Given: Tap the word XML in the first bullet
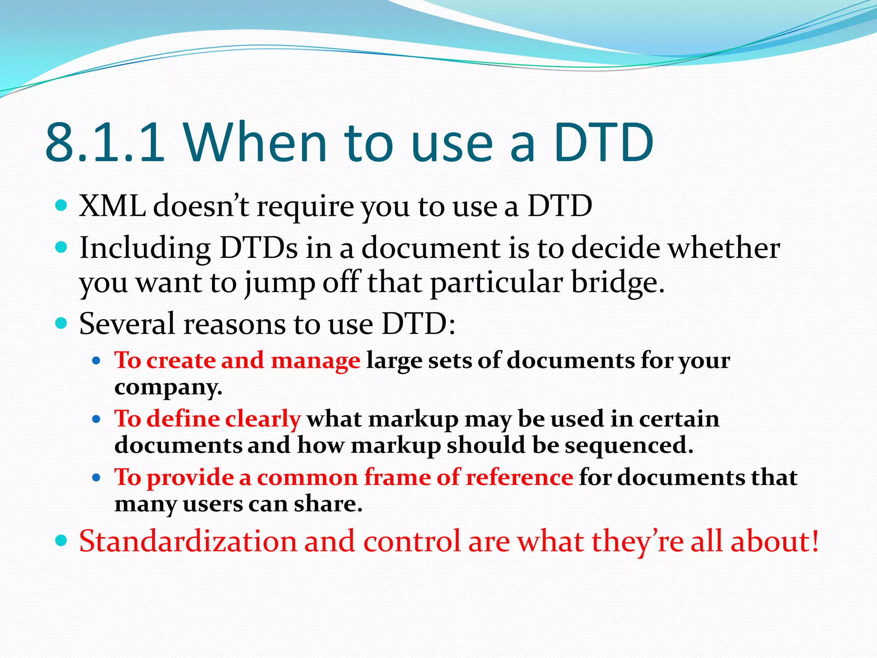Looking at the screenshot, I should (112, 206).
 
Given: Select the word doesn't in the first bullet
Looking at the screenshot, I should (201, 206).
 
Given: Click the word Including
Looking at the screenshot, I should (145, 248).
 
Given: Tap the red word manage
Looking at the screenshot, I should (316, 361).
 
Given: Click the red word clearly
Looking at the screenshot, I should (263, 419).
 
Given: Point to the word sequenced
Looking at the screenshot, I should (629, 446).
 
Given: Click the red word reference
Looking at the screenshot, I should (519, 477).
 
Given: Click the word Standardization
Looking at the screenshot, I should (188, 541).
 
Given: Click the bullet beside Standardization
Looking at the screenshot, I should (62, 541).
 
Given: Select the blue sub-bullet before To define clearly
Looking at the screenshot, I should (96, 419).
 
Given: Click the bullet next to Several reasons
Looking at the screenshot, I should (62, 323).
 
